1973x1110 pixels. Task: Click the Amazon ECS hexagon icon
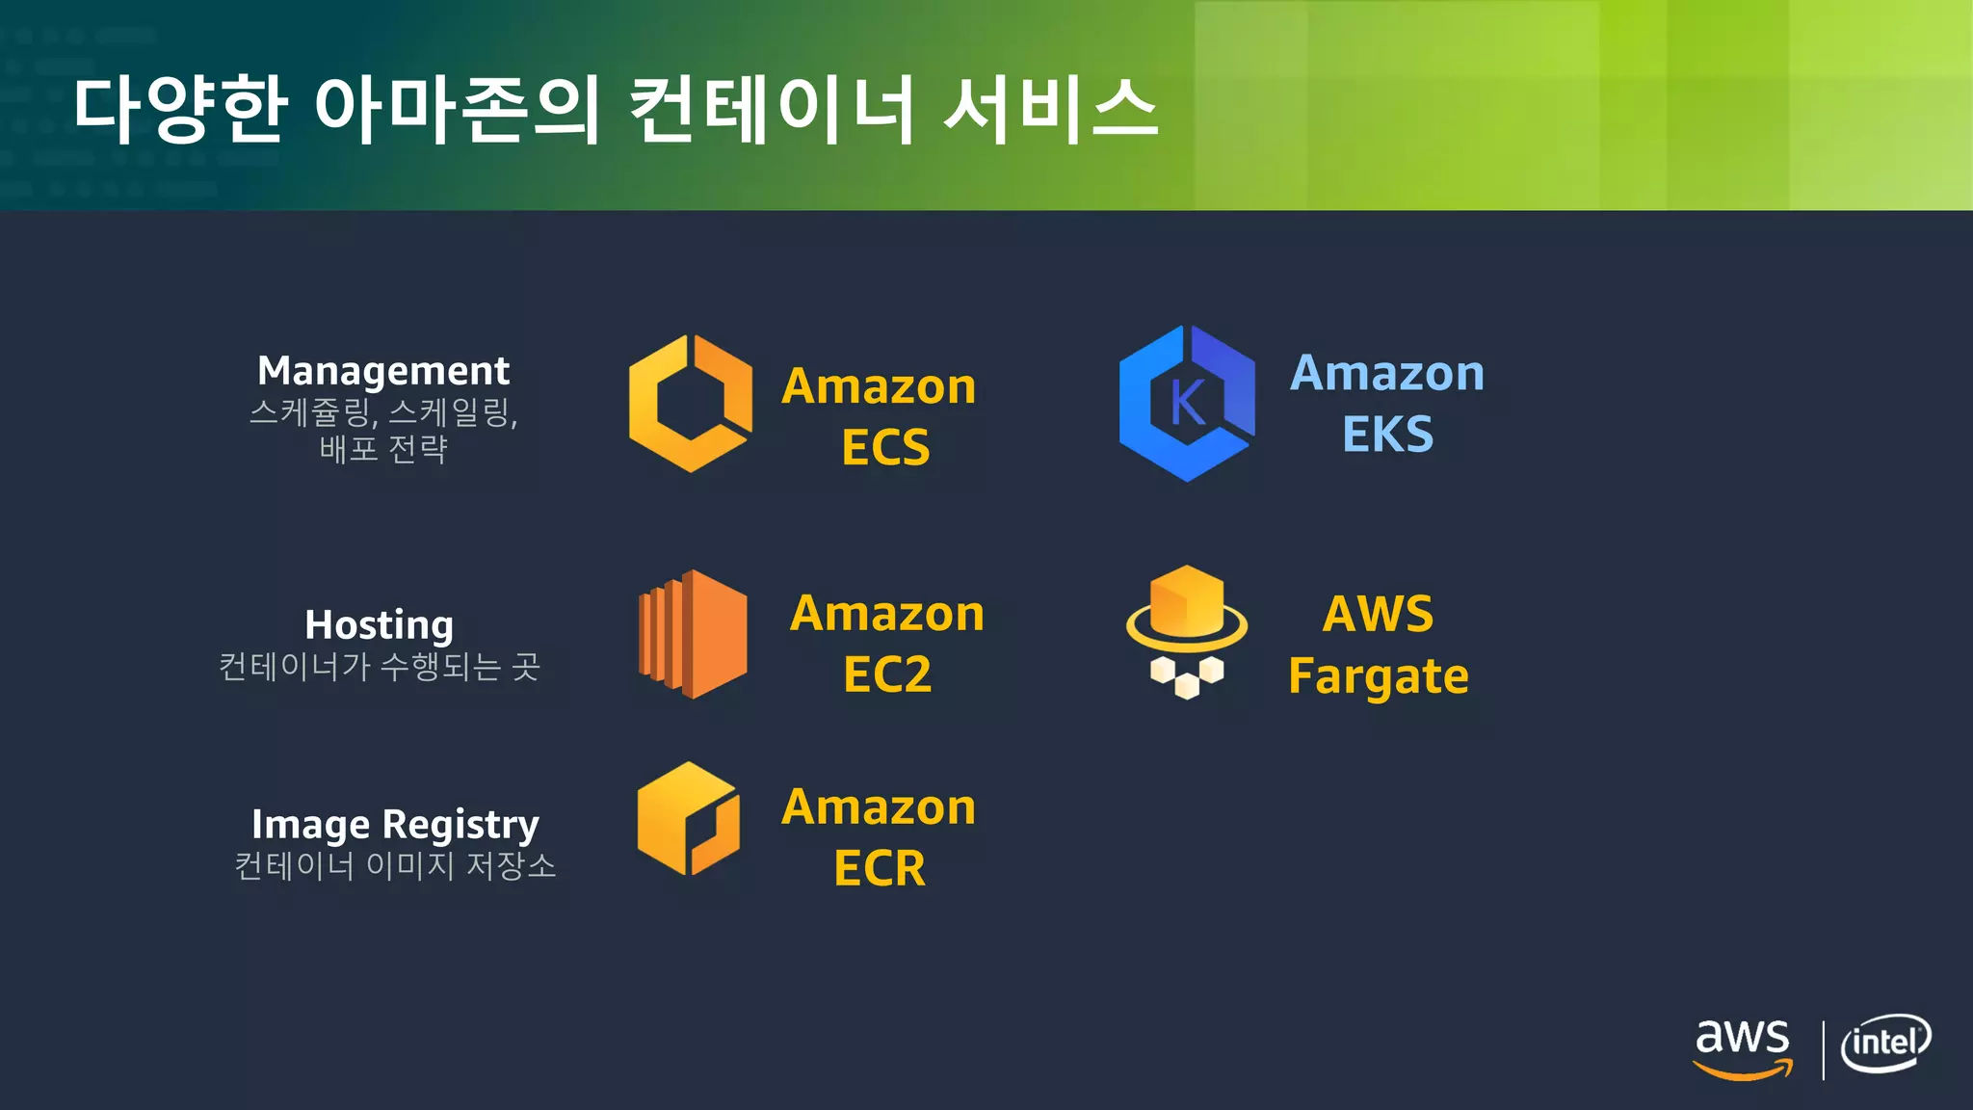tap(691, 404)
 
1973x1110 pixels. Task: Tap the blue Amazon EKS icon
tap(1187, 404)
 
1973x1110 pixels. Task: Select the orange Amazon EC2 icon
tap(693, 634)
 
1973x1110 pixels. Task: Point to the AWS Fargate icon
tap(1187, 631)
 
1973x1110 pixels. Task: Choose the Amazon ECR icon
tap(689, 819)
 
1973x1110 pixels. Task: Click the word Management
tap(383, 371)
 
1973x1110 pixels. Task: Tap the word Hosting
tap(379, 625)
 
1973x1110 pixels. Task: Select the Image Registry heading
tap(395, 825)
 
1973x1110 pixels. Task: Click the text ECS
tap(885, 448)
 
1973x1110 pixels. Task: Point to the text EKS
tap(1387, 435)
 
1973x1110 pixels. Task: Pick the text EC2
tap(887, 674)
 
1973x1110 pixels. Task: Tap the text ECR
tap(880, 869)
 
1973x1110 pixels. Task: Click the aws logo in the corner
tap(1742, 1047)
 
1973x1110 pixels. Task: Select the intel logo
tap(1885, 1044)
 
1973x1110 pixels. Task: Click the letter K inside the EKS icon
tap(1187, 403)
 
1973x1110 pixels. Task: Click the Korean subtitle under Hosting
tap(379, 667)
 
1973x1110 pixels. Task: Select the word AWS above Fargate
tap(1378, 614)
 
